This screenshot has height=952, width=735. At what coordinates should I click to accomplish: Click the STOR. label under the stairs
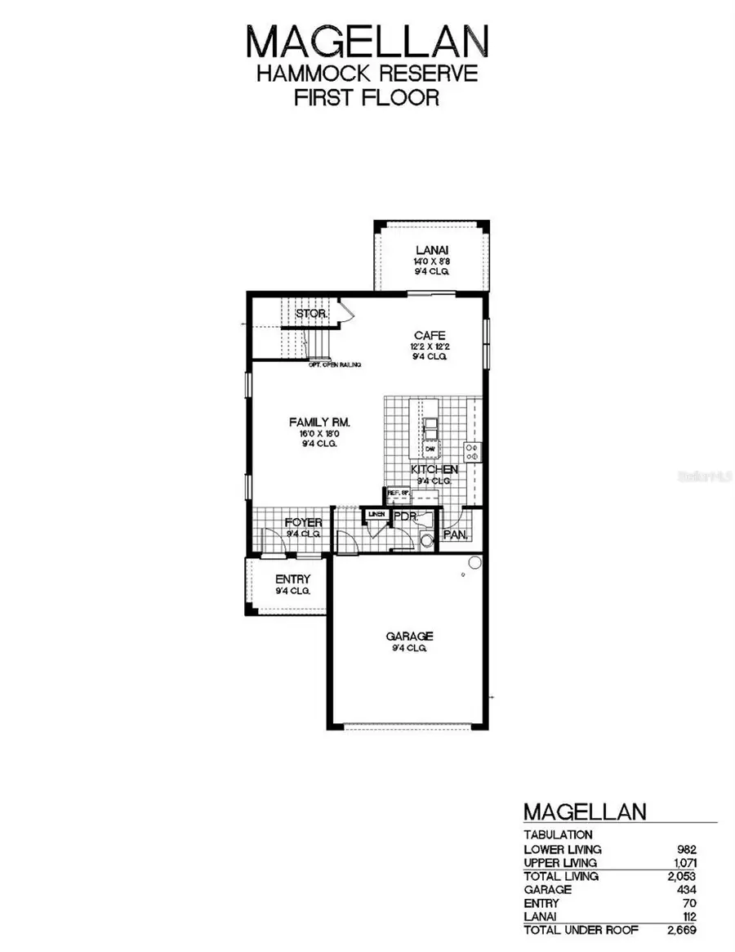tap(311, 314)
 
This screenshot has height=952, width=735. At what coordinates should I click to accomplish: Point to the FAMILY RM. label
tap(319, 422)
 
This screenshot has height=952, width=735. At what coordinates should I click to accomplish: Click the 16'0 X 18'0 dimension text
tap(319, 433)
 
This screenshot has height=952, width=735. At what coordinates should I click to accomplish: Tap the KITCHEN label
tap(434, 470)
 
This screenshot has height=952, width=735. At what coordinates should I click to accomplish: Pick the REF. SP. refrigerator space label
tap(397, 493)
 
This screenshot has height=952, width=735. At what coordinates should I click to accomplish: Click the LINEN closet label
tap(376, 513)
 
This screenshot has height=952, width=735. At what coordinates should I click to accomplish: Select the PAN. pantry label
tap(454, 535)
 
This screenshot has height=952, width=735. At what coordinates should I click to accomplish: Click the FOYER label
tap(303, 523)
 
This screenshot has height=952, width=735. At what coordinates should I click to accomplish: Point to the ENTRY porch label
tap(292, 579)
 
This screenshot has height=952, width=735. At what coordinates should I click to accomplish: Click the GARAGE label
tap(409, 636)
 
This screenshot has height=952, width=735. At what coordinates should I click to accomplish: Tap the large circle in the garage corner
tap(473, 562)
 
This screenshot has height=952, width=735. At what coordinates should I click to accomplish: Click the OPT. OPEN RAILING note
tap(335, 364)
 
